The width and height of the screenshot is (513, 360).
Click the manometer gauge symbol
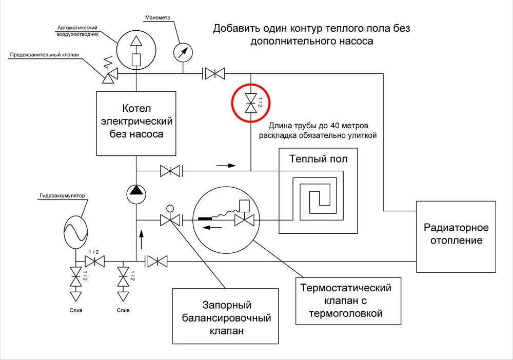pyautogui.click(x=183, y=52)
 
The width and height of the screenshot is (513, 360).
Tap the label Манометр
pyautogui.click(x=157, y=17)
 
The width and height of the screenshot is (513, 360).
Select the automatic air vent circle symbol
pyautogui.click(x=136, y=50)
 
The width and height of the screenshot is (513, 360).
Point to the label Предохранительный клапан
pyautogui.click(x=45, y=54)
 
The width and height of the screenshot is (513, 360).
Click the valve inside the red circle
pyautogui.click(x=251, y=103)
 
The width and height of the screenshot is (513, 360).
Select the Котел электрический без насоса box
pyautogui.click(x=136, y=124)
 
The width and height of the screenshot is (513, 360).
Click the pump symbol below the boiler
pyautogui.click(x=136, y=194)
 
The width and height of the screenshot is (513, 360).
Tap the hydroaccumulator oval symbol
pyautogui.click(x=75, y=232)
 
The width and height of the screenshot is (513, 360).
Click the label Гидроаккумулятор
pyautogui.click(x=62, y=196)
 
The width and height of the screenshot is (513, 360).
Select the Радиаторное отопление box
pyautogui.click(x=456, y=237)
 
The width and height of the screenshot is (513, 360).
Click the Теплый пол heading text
pyautogui.click(x=318, y=159)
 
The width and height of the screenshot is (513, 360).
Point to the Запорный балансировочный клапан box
pyautogui.click(x=225, y=316)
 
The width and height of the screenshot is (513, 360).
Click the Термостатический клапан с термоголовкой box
pyautogui.click(x=348, y=301)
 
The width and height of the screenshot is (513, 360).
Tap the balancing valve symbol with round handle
pyautogui.click(x=170, y=217)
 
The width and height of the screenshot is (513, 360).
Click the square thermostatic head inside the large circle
pyautogui.click(x=244, y=205)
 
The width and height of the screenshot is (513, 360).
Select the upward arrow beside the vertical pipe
pyautogui.click(x=142, y=239)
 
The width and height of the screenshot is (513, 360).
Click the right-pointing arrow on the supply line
pyautogui.click(x=226, y=166)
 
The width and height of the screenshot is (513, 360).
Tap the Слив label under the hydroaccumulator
pyautogui.click(x=76, y=310)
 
